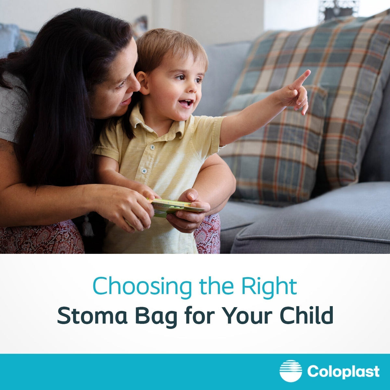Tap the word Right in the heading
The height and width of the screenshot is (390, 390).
pos(269,286)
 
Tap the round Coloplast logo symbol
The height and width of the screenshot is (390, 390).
pos(291,371)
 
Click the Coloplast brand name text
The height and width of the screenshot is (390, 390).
pos(343,371)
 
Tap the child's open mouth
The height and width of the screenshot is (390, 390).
pos(186,103)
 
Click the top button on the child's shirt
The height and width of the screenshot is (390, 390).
pos(151,148)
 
